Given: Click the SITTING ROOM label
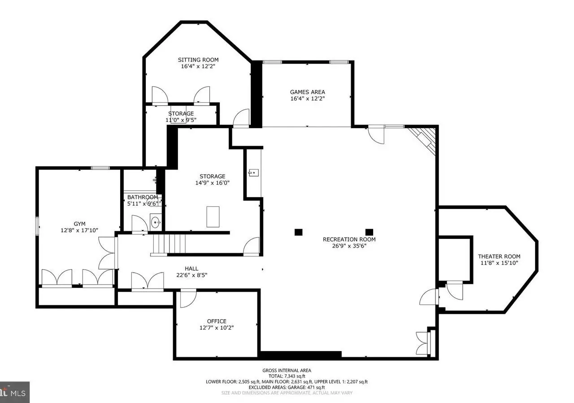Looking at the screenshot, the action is point(198,60).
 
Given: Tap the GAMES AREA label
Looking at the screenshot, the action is point(307,92).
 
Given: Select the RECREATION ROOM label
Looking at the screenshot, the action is point(349,239).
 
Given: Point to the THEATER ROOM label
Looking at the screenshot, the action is point(499,256).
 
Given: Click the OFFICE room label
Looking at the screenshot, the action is point(217,321).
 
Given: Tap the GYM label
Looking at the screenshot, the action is point(79,224).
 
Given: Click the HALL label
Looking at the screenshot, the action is point(191,269).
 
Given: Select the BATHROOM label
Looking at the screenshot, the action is point(143,197).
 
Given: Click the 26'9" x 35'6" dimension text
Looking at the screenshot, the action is point(349,246).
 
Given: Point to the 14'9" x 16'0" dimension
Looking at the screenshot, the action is point(212,182).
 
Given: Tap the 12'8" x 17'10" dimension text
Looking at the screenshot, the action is point(79,230).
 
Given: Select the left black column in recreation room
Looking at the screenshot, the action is point(298,232).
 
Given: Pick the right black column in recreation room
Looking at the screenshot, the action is point(369,232).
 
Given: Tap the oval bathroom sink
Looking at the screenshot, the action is point(155,222).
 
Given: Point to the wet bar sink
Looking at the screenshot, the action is point(253,173).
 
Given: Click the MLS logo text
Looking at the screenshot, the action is point(18,393).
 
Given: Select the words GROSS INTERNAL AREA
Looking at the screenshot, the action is point(287,370).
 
